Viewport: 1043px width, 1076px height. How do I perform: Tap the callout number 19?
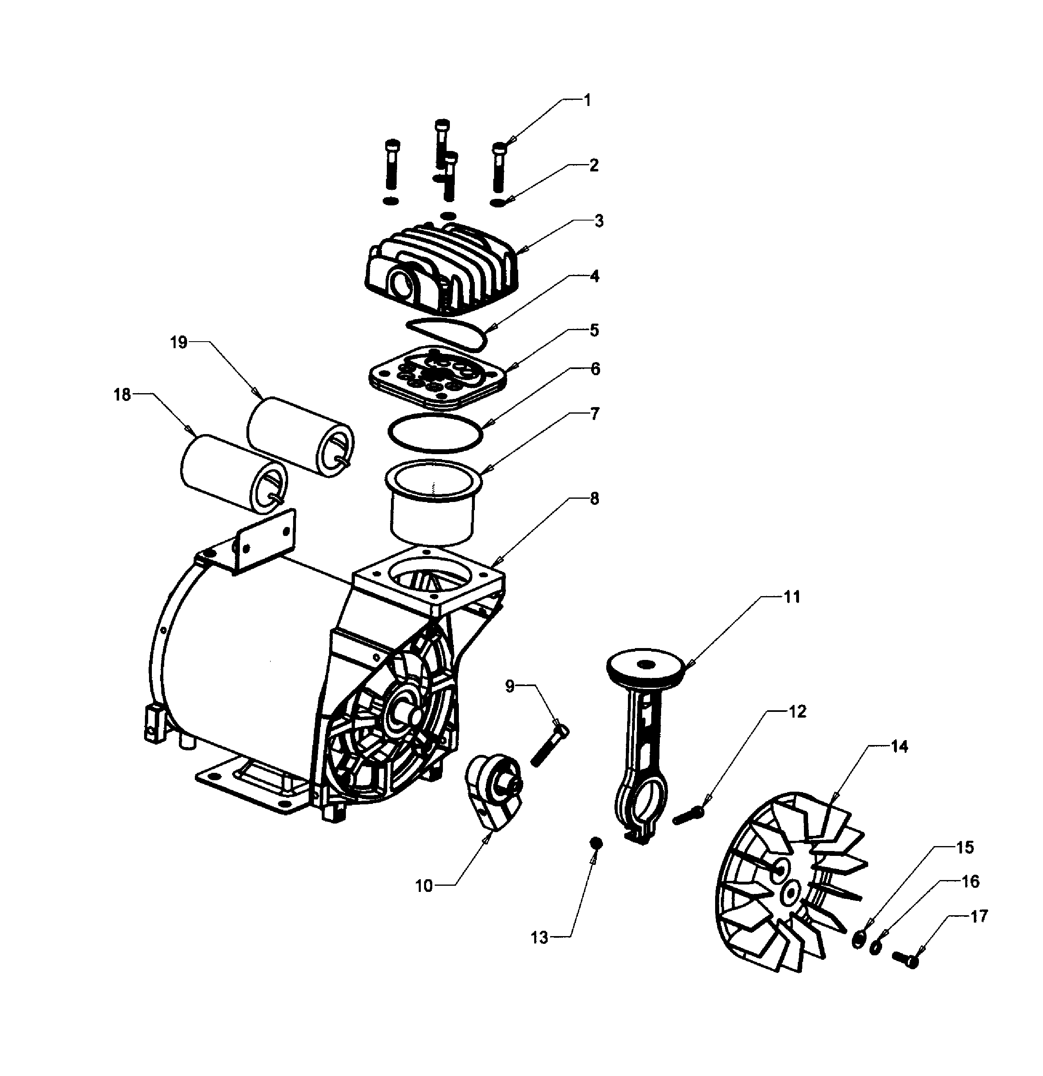tap(178, 342)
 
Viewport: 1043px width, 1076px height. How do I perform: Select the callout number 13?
tap(540, 938)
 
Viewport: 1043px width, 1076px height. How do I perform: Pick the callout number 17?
tap(979, 916)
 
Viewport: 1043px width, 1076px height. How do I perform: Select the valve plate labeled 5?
tap(437, 378)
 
